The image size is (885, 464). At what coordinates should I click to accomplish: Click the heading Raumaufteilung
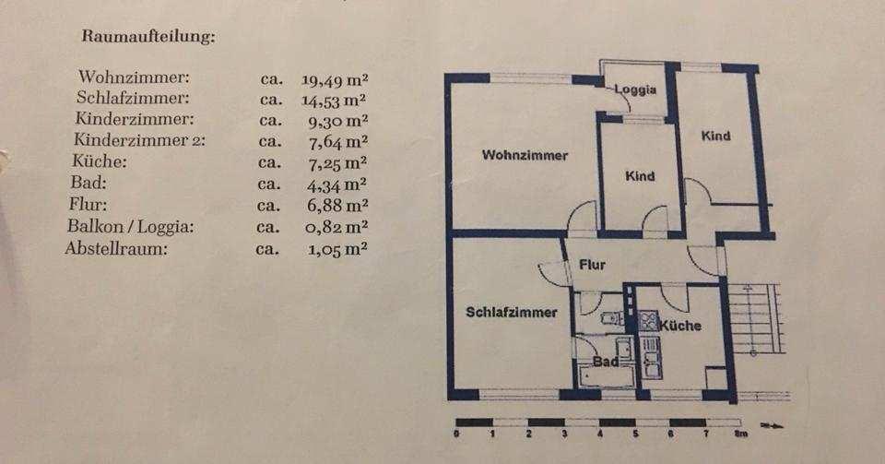[148, 38]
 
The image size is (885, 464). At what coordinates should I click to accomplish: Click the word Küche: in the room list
[99, 161]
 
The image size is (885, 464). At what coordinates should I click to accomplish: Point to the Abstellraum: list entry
[116, 248]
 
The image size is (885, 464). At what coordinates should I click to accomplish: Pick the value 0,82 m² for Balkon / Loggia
[336, 227]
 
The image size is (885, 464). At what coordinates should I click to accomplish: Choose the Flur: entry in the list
[88, 205]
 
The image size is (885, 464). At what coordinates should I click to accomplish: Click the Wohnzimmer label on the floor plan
[525, 155]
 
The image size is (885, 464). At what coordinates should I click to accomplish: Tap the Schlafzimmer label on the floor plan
[511, 312]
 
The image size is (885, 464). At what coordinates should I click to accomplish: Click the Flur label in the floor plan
[592, 265]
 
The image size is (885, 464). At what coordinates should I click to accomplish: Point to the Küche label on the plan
[680, 326]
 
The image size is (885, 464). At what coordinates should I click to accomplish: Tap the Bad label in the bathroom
[604, 362]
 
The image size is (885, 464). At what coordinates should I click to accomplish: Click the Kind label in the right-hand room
[715, 136]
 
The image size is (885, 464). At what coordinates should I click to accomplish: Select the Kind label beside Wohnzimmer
[640, 176]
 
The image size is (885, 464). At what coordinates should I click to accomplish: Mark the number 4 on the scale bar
[599, 434]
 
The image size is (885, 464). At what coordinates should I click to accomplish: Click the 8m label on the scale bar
[740, 434]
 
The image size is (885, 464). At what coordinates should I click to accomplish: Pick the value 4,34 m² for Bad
[336, 184]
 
